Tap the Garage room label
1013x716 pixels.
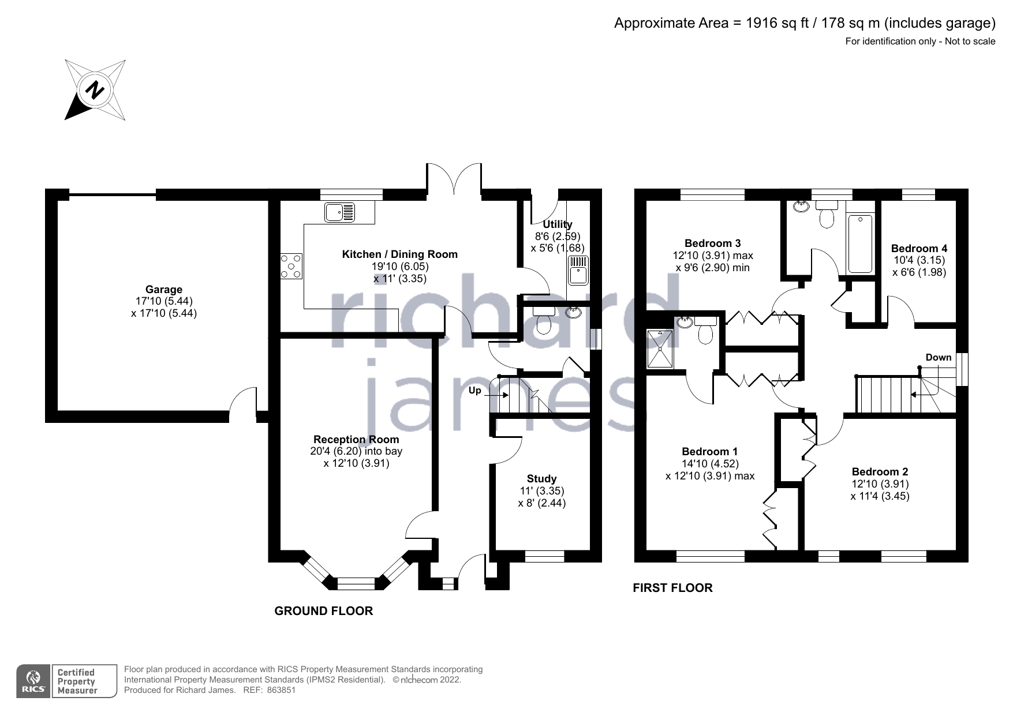click(x=164, y=290)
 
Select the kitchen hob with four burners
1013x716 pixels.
click(x=291, y=267)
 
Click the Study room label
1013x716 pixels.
click(x=541, y=479)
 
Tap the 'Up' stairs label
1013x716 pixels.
click(x=474, y=391)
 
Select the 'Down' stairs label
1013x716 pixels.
click(x=939, y=358)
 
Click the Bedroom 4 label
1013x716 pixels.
click(x=919, y=249)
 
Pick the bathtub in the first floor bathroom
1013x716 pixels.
click(x=860, y=243)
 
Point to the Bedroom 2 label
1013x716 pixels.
click(x=880, y=472)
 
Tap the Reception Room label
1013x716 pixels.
click(x=356, y=440)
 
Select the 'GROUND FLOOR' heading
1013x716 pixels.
click(x=324, y=611)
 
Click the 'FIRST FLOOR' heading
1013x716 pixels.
click(x=673, y=588)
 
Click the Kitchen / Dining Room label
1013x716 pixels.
click(x=400, y=254)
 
